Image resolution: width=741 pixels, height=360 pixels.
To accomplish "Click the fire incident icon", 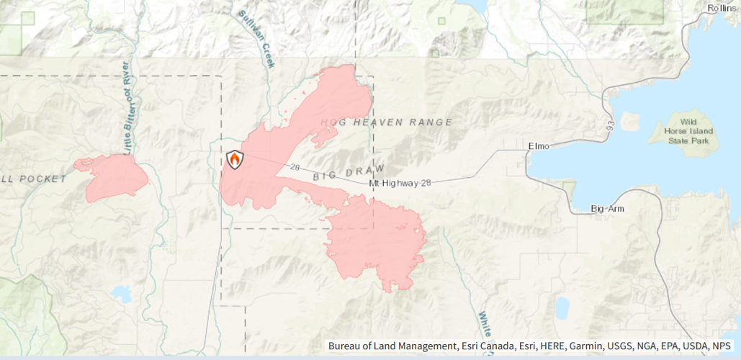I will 235,159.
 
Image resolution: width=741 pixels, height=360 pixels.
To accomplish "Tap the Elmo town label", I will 539,146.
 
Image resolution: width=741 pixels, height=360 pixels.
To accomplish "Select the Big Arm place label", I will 607,209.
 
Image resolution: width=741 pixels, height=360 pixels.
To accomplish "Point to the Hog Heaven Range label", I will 387,122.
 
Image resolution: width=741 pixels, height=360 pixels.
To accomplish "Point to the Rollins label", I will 722,8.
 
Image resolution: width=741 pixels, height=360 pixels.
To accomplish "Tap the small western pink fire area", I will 115,177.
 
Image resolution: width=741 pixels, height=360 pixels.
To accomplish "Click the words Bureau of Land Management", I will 391,346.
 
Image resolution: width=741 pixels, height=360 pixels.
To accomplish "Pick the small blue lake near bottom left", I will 121,293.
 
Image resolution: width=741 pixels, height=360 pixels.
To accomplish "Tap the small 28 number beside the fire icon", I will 295,167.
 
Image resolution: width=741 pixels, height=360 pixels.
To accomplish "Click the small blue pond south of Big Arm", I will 562,307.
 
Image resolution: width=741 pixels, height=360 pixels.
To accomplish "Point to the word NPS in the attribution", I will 722,346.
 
